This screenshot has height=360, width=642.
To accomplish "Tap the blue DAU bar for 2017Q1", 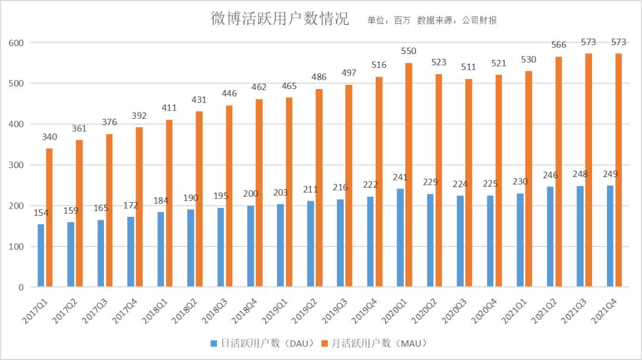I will tap(40, 255).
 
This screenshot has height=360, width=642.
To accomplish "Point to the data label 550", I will tap(409, 51).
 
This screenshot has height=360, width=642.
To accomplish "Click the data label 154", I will tap(40, 213).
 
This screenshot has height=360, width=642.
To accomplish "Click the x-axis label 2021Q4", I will tap(605, 310).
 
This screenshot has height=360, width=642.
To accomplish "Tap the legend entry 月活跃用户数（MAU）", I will tap(374, 343).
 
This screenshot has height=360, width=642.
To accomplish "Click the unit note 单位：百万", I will tap(386, 20).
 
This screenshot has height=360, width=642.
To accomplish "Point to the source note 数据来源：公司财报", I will tap(457, 20).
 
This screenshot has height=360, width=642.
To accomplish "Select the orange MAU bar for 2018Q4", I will tap(259, 193).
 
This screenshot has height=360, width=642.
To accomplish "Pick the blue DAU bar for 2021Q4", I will tap(610, 236).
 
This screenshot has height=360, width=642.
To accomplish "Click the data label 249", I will tap(610, 174).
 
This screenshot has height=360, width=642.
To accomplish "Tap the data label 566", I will tap(559, 45).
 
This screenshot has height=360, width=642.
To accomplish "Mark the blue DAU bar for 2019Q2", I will tap(310, 244).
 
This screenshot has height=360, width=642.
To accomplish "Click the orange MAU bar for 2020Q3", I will tap(469, 183).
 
